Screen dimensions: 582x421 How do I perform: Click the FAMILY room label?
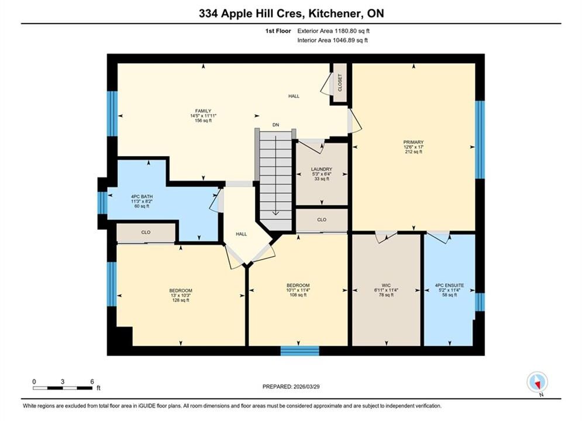[x=203, y=111]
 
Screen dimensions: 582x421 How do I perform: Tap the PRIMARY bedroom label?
[x=414, y=142]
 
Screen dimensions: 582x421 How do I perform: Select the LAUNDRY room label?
[x=322, y=169]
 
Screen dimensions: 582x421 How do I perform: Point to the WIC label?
[x=386, y=285]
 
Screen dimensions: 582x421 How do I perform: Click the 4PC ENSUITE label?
[x=449, y=285]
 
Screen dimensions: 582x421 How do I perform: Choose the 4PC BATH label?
[x=142, y=196]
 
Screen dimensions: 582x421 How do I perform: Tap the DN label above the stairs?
[x=275, y=125]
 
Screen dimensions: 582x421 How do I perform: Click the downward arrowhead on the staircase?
[x=275, y=213]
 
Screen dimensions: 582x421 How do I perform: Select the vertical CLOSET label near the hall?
[x=340, y=82]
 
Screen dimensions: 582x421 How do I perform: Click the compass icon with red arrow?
[x=537, y=382]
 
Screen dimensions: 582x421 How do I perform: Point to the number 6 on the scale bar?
[x=92, y=381]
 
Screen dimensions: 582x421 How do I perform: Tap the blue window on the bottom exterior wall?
[x=299, y=351]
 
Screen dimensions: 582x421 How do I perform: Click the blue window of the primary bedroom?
[x=480, y=140]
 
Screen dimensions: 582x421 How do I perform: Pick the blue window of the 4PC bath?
[x=102, y=203]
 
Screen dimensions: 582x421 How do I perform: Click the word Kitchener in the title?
[x=335, y=13]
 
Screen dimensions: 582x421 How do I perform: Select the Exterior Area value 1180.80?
[x=345, y=31]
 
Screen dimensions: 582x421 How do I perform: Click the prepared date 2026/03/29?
[x=307, y=387]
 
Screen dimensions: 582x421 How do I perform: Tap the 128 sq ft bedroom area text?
[x=181, y=300]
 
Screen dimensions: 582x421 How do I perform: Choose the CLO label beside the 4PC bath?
[x=146, y=232]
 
